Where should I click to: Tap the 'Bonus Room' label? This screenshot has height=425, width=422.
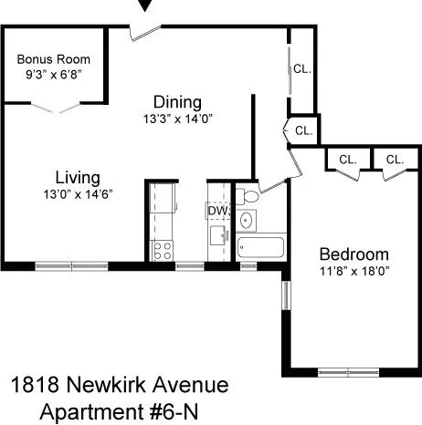point(55,59)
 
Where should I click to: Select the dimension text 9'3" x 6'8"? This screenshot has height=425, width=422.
point(55,75)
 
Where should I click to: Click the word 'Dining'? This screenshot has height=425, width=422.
point(177,101)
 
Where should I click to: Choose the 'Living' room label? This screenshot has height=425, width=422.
point(77,177)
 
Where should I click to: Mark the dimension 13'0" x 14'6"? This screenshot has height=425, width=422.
point(77,193)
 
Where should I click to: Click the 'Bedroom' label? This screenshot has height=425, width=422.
point(353,254)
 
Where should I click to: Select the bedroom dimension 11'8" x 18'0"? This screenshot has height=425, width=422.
point(353,271)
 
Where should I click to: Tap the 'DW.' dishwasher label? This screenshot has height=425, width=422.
point(217,211)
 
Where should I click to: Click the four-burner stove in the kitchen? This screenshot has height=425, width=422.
point(162,248)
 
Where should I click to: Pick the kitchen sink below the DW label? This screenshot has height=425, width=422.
point(217,235)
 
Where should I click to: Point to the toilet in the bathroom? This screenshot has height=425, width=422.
point(249,196)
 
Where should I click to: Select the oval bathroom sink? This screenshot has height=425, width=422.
point(246,220)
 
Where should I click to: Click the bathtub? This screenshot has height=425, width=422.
point(261,247)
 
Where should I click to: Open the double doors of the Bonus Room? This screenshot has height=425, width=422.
point(55,108)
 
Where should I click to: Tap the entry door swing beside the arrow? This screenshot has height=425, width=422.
point(142,32)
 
